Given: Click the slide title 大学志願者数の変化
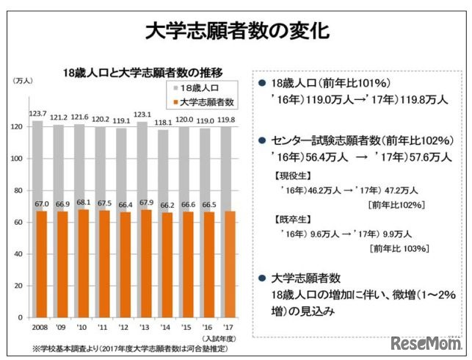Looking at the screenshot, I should point(236,31).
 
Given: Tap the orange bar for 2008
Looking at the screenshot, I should point(40,264).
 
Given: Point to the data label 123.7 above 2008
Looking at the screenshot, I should point(39,113).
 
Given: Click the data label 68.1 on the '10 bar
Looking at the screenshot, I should point(81,203).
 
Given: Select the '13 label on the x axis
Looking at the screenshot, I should point(145,327).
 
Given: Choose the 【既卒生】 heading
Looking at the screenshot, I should point(284,220).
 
